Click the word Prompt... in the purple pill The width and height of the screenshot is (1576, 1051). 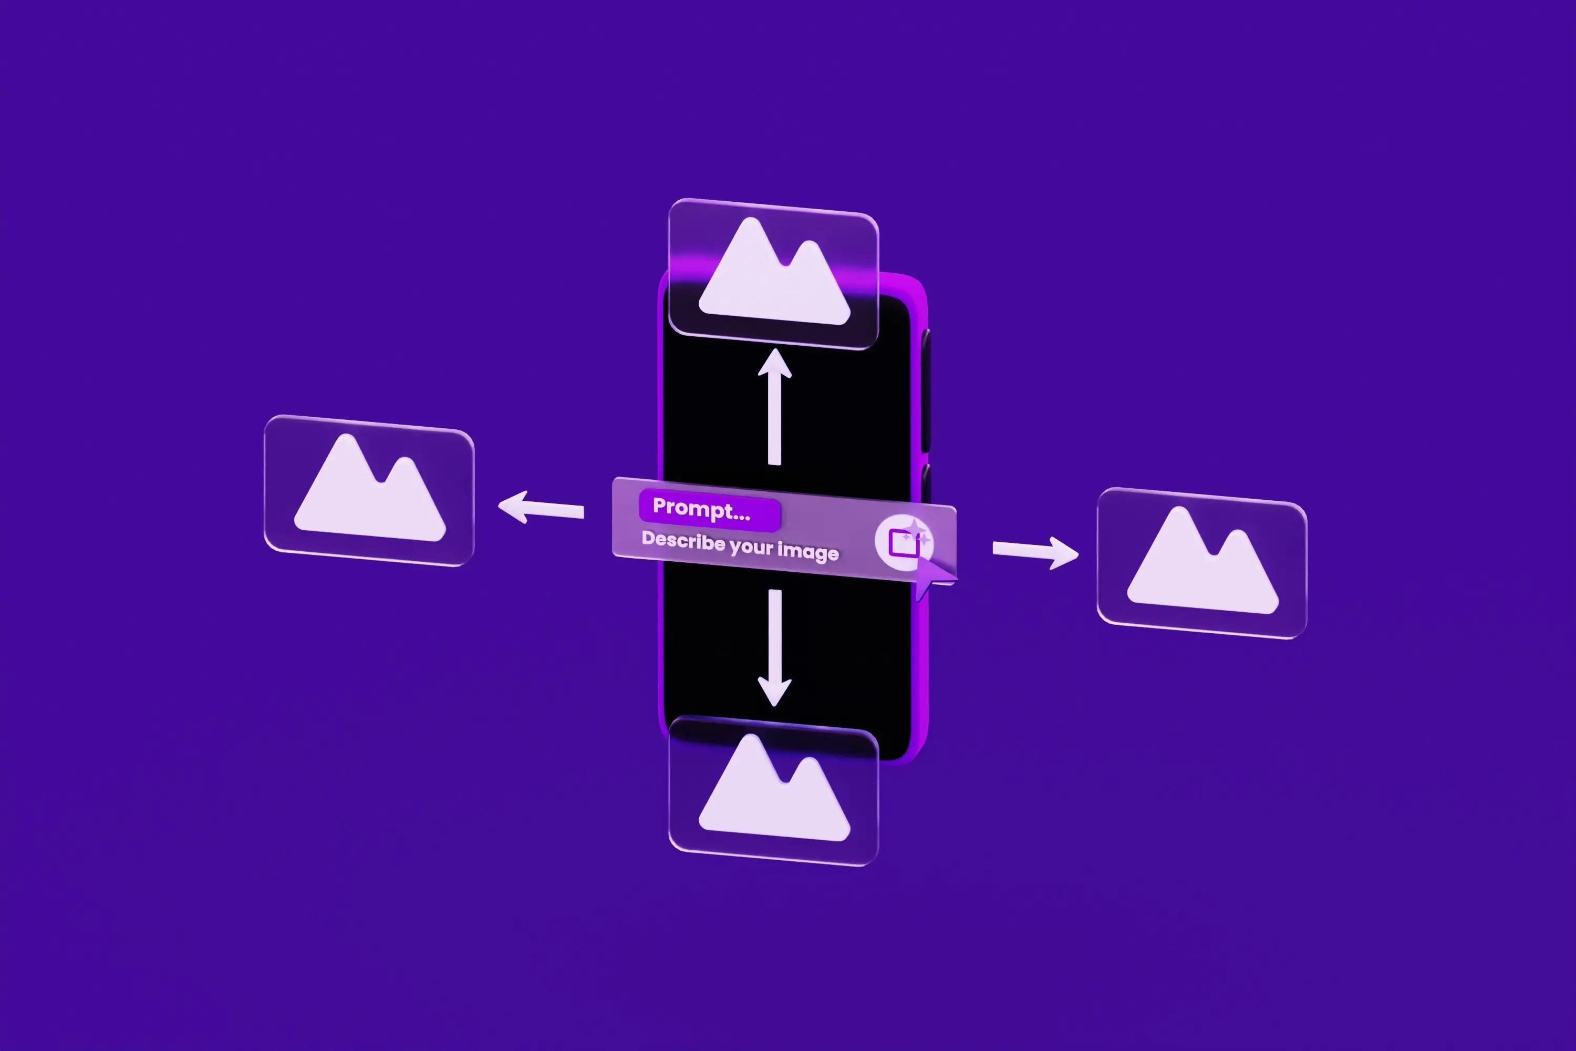pos(701,509)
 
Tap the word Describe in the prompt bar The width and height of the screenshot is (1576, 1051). pos(683,540)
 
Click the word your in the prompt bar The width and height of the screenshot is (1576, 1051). pos(751,547)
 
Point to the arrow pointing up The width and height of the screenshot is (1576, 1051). pos(774,407)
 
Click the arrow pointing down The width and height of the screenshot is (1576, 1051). pos(774,647)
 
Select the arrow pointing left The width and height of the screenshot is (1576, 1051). pos(541,508)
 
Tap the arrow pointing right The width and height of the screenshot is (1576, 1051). pos(1035,552)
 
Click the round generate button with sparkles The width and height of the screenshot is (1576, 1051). pos(904,542)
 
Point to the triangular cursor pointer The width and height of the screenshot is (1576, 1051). pos(933,577)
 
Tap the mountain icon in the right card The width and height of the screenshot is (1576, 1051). pos(1203,560)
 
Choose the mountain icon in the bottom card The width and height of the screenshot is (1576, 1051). pos(774,788)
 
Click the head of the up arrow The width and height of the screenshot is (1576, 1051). pos(774,363)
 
